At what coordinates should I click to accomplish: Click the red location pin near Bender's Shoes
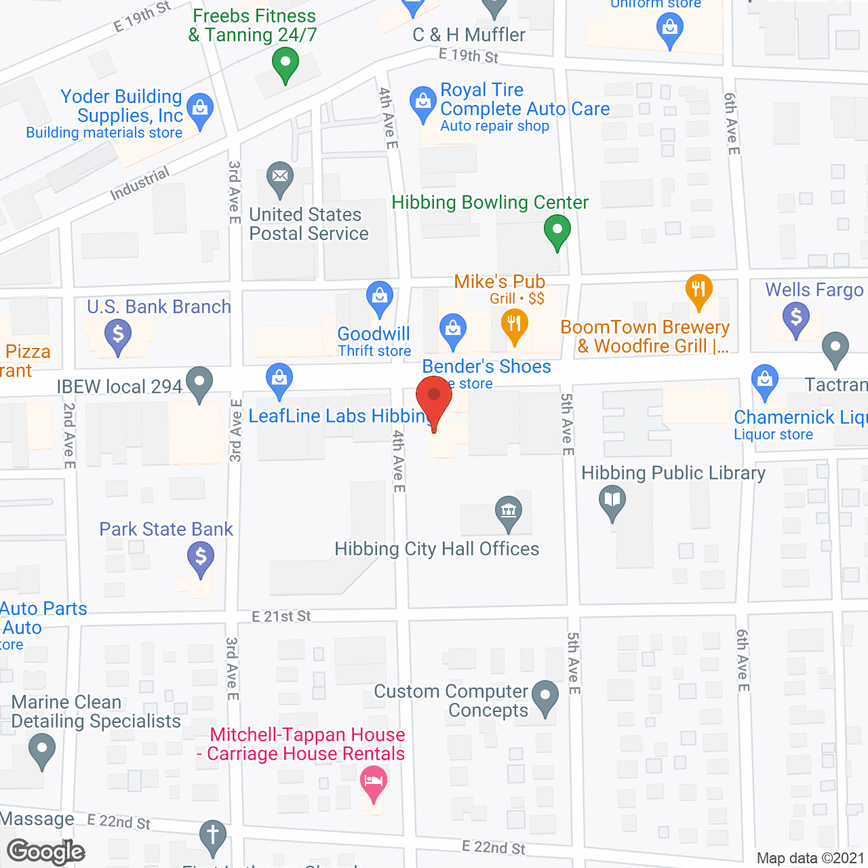[x=434, y=397]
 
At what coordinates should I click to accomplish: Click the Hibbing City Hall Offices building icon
[x=508, y=511]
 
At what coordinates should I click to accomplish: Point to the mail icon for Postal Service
[x=279, y=177]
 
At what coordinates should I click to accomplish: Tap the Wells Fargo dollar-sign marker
[x=796, y=317]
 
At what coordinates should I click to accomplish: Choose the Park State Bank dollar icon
[x=201, y=558]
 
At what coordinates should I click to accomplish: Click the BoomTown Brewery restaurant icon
[x=698, y=290]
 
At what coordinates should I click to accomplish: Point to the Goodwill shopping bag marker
[x=380, y=296]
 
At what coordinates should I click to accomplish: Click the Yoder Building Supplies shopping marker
[x=200, y=109]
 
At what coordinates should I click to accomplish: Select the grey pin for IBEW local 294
[x=199, y=382]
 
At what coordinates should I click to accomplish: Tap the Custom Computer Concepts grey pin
[x=545, y=696]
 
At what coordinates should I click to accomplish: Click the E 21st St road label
[x=281, y=616]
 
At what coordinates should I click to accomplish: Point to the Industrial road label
[x=140, y=184]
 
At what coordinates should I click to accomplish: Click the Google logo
[x=45, y=852]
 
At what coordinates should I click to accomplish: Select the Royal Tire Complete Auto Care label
[x=524, y=100]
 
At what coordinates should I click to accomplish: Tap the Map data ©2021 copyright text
[x=810, y=859]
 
